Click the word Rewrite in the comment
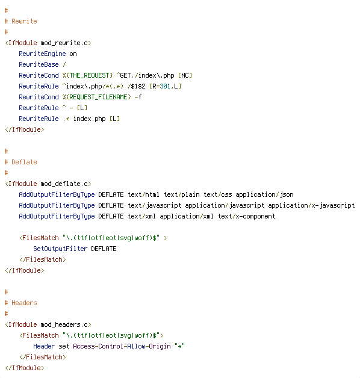24,21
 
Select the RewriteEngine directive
42,54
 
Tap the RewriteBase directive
39,64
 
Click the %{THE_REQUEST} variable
87,75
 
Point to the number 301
165,86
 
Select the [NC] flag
185,75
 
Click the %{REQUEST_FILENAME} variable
97,97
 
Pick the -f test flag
138,97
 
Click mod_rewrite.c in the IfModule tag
64,43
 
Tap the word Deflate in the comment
24,162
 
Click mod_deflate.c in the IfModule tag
64,184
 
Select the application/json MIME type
264,195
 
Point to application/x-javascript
311,206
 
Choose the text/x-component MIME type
246,217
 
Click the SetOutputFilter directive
60,249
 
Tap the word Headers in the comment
24,303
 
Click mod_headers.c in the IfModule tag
64,324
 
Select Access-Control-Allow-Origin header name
122,347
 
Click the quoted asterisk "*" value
179,346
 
